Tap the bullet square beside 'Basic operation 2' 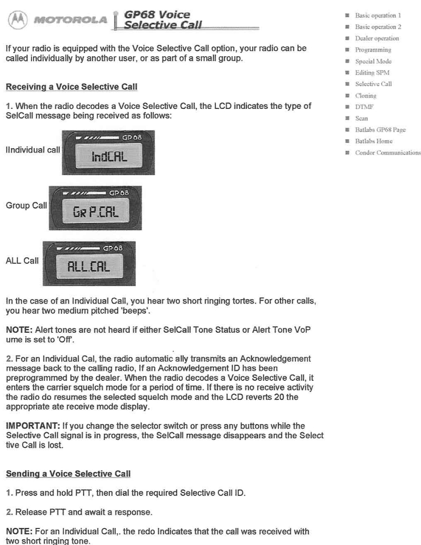[343, 27]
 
